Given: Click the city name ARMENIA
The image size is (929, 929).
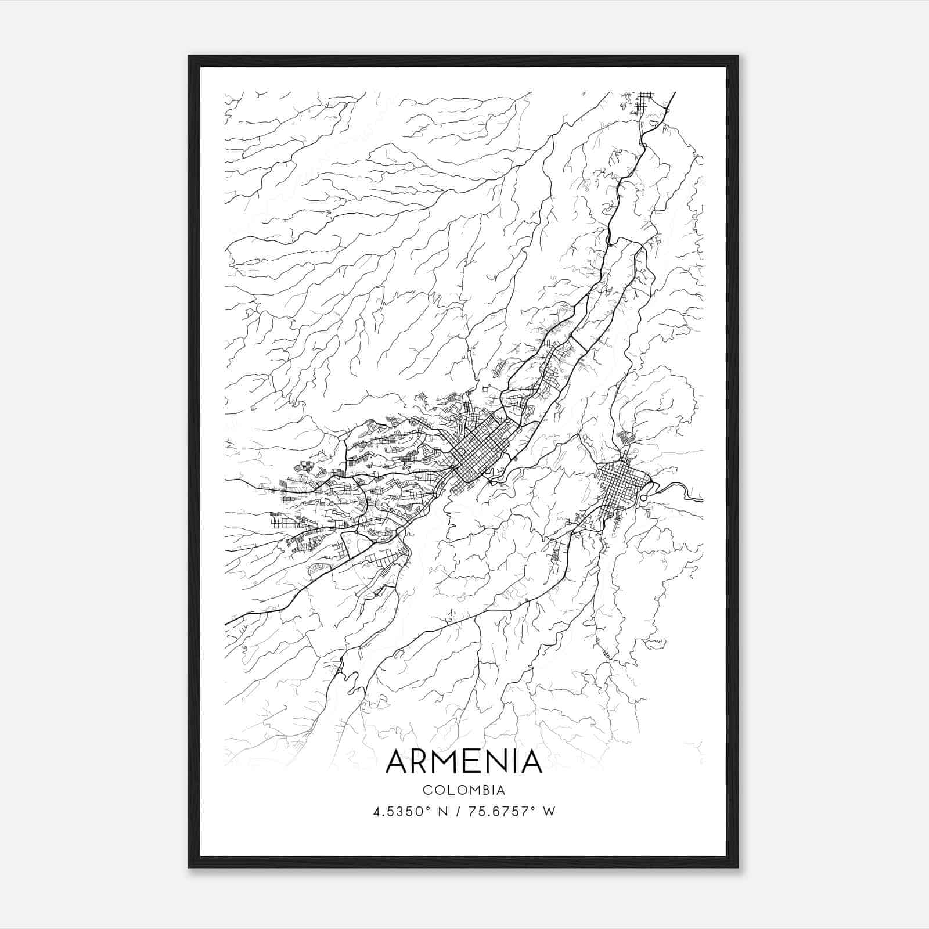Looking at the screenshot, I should point(463,761).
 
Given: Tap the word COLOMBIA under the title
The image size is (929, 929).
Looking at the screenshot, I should point(463,790).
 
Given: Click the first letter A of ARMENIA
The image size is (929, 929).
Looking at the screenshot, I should point(397,761).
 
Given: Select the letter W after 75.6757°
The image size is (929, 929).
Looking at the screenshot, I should point(549,811).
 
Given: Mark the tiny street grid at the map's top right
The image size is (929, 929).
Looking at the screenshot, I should point(643,102).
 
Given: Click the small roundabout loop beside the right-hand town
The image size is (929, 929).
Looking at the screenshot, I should point(644,498).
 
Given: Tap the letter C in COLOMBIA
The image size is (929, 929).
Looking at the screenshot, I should point(427,790).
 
